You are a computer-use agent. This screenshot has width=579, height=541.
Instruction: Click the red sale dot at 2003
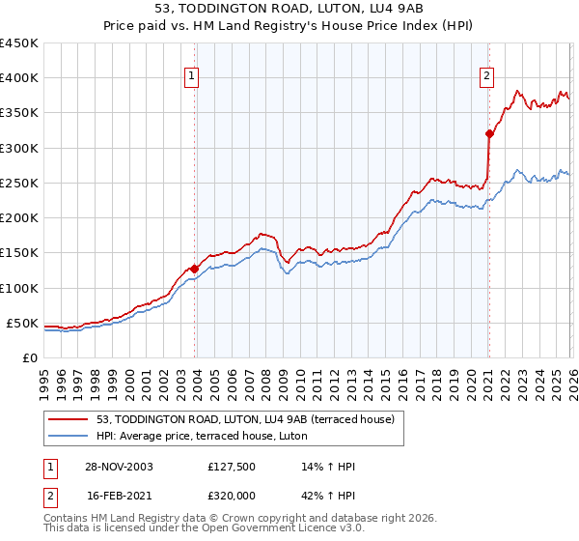coord(195,269)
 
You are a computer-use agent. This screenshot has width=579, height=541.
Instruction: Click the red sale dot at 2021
coord(489,134)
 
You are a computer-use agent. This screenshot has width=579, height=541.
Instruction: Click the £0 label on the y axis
coord(30,357)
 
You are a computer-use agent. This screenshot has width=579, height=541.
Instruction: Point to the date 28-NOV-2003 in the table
coord(119,467)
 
